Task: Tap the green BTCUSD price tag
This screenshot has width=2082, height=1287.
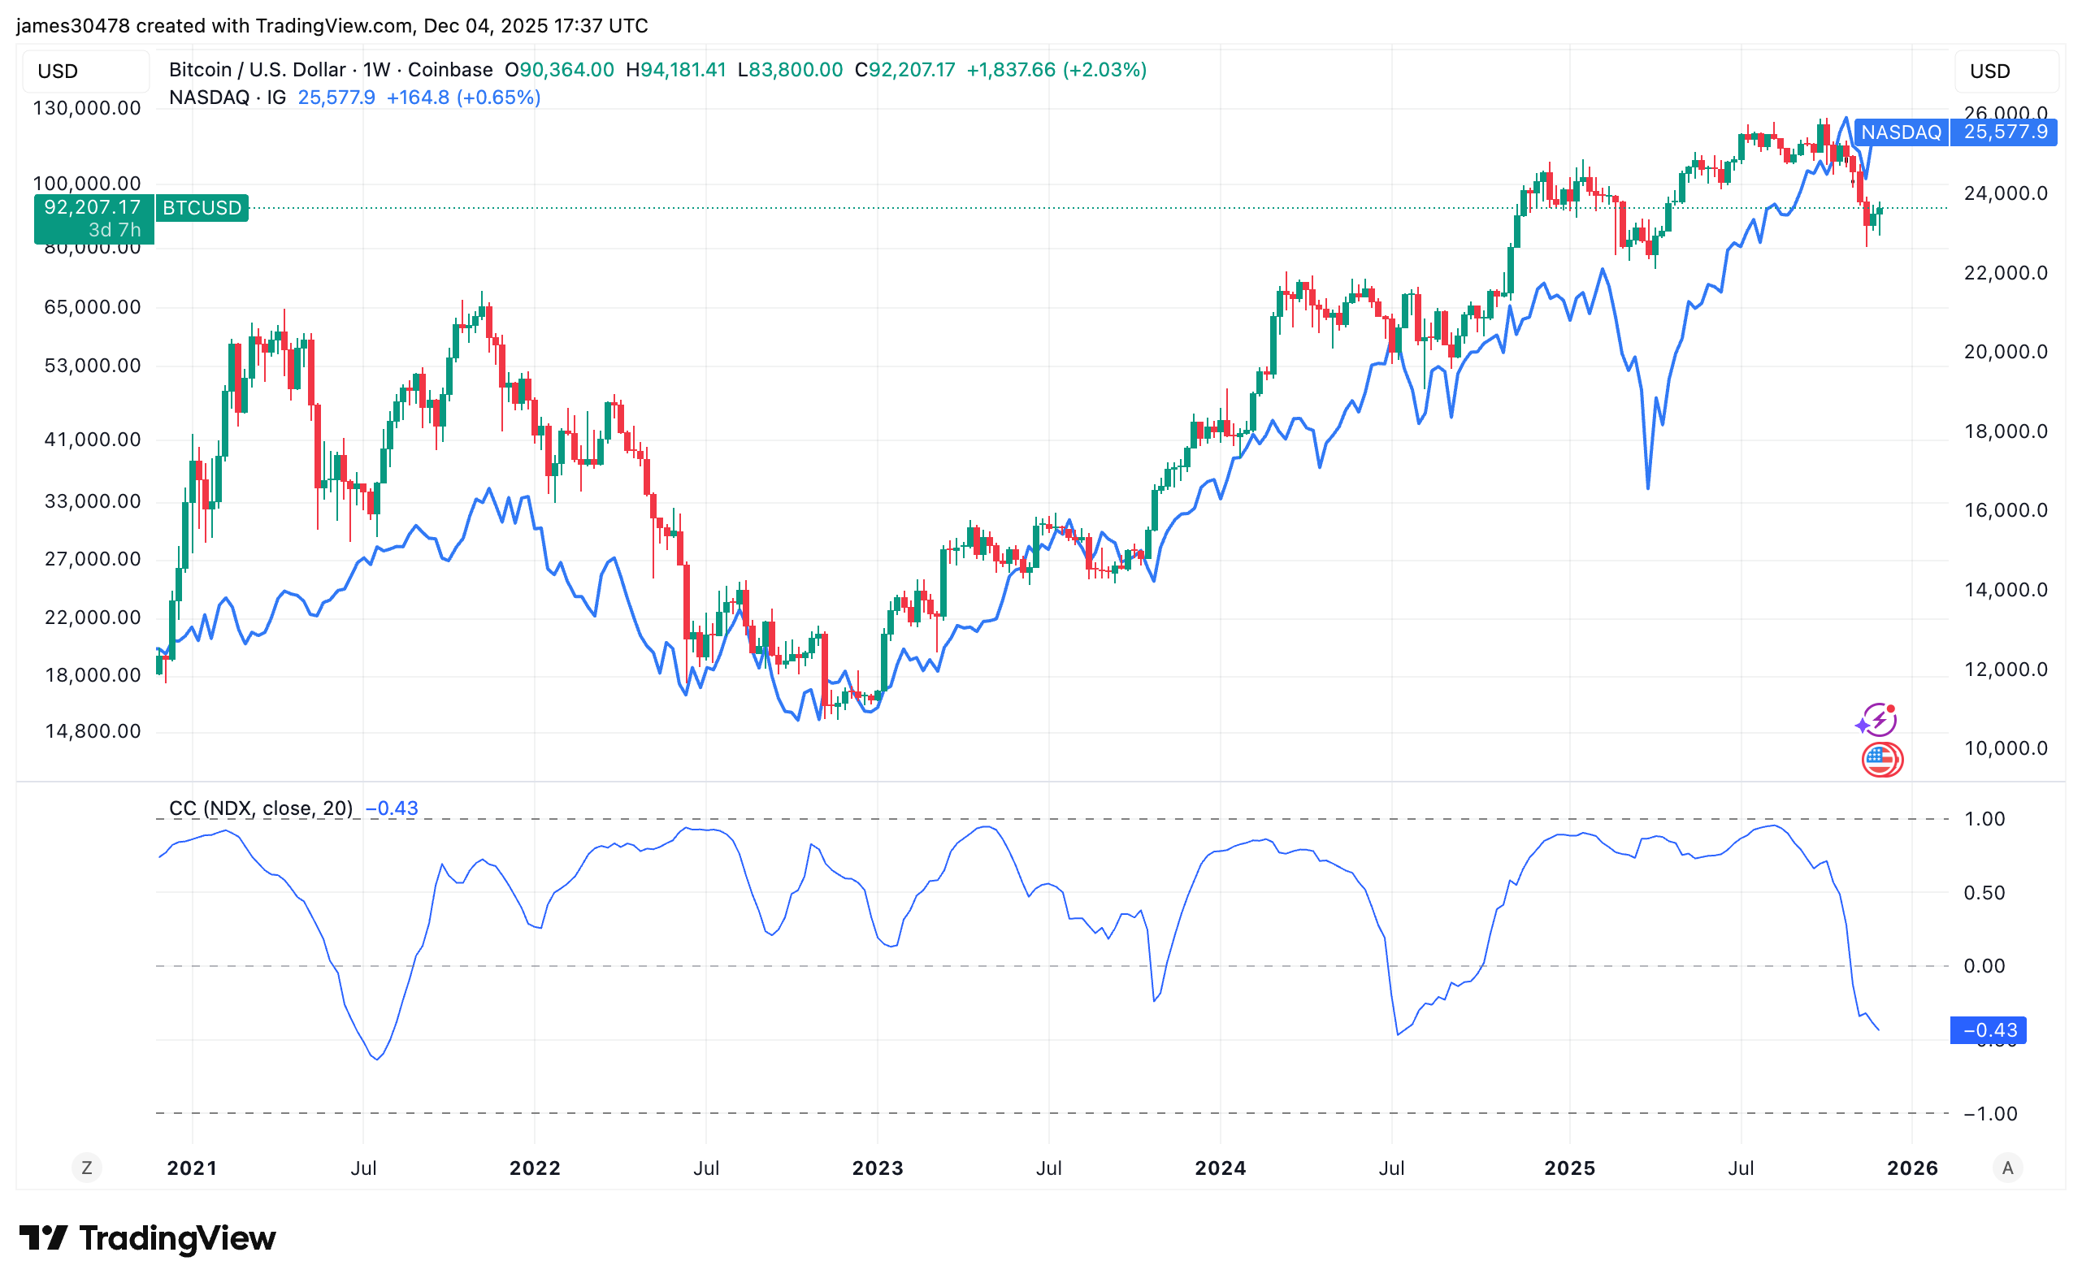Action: [x=201, y=208]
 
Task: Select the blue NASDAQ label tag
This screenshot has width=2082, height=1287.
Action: [x=1900, y=132]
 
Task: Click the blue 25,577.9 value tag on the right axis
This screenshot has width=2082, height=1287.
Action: [x=2004, y=132]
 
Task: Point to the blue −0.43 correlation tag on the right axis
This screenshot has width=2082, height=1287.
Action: [x=1989, y=1030]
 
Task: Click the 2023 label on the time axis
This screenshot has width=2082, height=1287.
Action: [x=877, y=1168]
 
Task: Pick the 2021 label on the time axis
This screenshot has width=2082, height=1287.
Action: [x=192, y=1168]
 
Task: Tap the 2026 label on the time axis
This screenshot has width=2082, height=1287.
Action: [x=1912, y=1168]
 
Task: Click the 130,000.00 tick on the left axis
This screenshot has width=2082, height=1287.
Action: [x=87, y=108]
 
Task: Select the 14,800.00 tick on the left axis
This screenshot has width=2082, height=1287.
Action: [x=93, y=731]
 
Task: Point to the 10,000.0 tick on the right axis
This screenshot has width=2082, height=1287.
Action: [x=2006, y=748]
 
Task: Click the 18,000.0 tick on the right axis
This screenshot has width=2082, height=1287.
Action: [x=2006, y=431]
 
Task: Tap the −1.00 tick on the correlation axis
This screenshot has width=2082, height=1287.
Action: [x=1990, y=1113]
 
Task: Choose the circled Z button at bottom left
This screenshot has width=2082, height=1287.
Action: [x=87, y=1168]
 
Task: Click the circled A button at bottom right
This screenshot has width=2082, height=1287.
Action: [x=2007, y=1168]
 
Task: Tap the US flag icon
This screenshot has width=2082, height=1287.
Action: [x=1881, y=759]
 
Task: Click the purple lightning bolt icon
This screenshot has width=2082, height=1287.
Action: [x=1877, y=720]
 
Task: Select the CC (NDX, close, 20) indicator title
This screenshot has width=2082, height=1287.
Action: [x=261, y=808]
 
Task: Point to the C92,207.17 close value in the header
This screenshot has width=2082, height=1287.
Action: [x=904, y=70]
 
